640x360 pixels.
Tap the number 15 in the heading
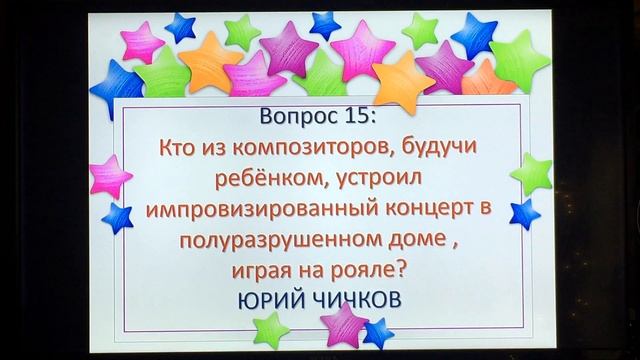[358, 116]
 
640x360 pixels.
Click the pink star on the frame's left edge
[109, 177]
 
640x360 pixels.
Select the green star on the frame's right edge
[531, 173]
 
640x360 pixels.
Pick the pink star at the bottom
[344, 326]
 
